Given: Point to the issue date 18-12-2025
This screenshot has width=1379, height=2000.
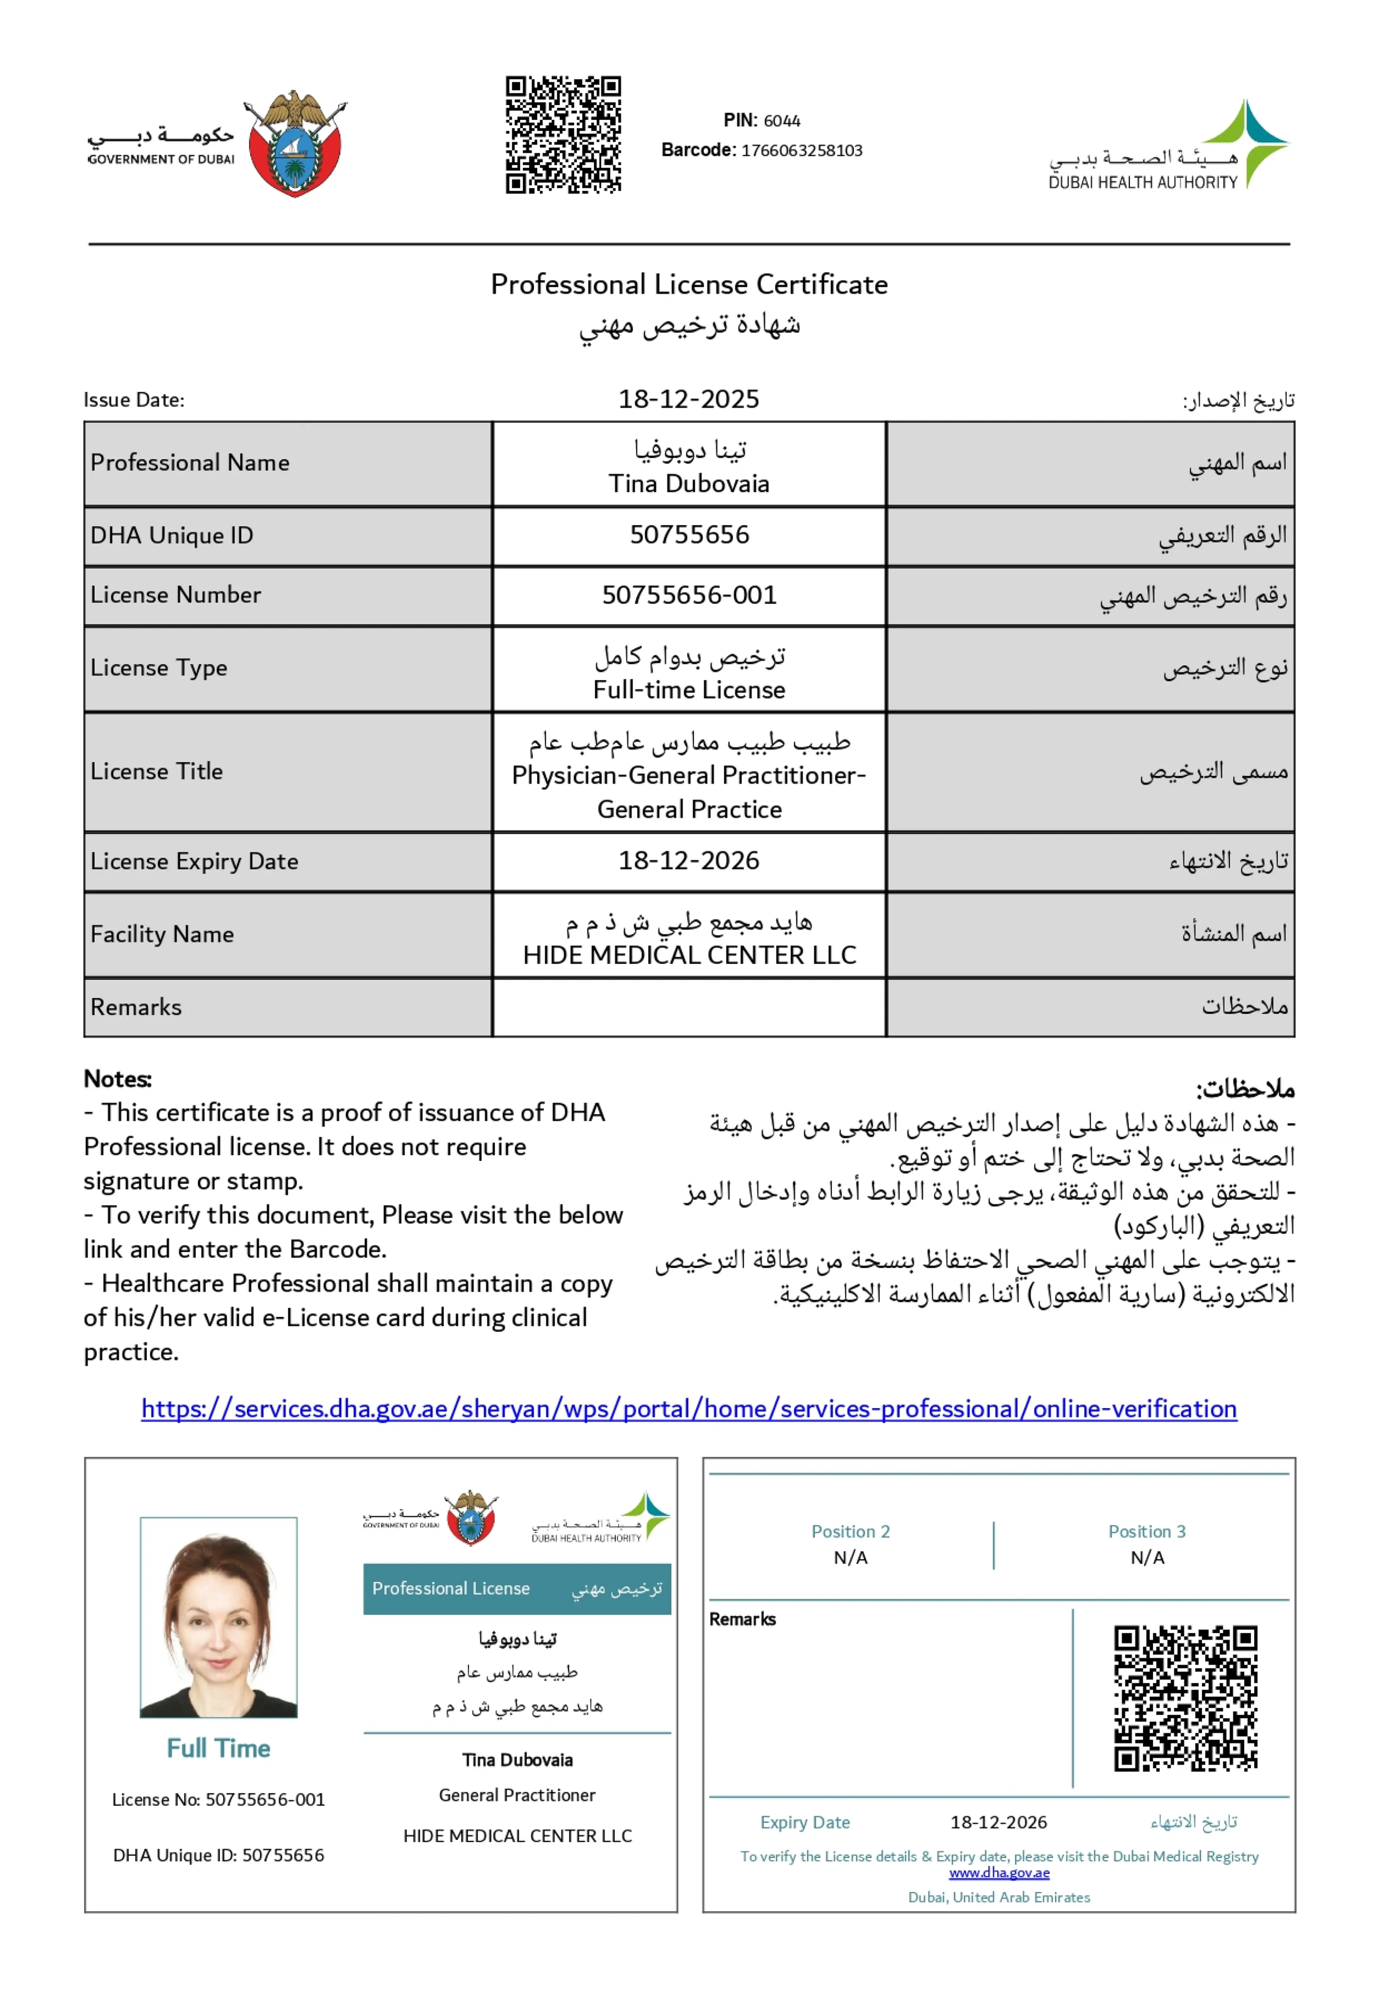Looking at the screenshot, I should pos(689,399).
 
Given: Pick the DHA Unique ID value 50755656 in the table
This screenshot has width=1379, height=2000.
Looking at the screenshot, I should pos(689,535).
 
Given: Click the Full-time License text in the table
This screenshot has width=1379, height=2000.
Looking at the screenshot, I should pos(689,690).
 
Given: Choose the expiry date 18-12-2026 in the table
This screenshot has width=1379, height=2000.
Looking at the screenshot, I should pos(689,860).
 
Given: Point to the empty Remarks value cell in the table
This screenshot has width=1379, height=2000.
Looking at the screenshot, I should pos(689,1007).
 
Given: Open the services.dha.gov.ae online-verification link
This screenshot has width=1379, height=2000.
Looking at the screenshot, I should pos(689,1409).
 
